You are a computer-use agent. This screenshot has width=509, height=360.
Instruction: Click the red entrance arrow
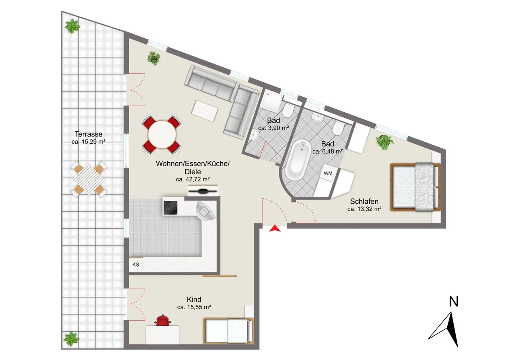[x=275, y=228]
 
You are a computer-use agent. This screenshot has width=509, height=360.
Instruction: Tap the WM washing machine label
[x=328, y=173]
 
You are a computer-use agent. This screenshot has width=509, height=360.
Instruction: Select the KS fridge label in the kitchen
[x=136, y=265]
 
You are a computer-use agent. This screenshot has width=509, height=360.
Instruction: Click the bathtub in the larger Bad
[x=298, y=160]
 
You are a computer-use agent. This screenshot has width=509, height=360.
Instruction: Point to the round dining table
[x=162, y=134]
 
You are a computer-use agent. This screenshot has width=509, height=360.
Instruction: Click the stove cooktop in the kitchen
[x=171, y=208]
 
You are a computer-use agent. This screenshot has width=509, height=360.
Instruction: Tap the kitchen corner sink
[x=205, y=210]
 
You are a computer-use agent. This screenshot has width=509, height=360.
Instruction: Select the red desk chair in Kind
[x=163, y=321]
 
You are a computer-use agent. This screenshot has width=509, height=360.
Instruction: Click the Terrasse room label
[x=89, y=134]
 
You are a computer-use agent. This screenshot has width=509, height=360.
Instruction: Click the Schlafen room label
[x=364, y=201]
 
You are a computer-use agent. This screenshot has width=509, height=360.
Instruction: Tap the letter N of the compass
[x=454, y=302]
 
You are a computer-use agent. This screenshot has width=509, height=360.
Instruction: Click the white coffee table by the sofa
[x=205, y=111]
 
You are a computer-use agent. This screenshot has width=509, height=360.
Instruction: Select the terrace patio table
[x=89, y=179]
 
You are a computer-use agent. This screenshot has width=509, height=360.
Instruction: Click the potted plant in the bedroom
[x=384, y=142]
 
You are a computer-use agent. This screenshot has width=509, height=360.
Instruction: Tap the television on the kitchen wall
[x=203, y=191]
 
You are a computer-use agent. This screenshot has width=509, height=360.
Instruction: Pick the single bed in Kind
[x=229, y=331]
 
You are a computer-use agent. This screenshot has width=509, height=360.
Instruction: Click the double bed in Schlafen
[x=416, y=187]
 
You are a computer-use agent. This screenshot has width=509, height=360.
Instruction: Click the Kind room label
[x=194, y=299]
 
